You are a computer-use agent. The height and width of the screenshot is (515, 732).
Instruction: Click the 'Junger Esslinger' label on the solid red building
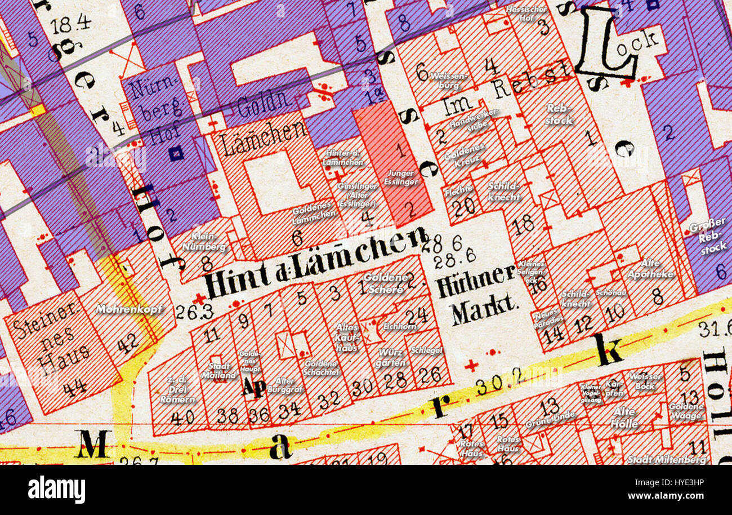[401, 177]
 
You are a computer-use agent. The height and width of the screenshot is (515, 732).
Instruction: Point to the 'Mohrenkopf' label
[129, 309]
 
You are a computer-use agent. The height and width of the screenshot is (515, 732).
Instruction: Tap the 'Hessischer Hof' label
[527, 13]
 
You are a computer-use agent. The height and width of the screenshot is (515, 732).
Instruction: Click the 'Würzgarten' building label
[391, 357]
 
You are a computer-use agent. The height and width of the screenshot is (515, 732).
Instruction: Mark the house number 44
[74, 388]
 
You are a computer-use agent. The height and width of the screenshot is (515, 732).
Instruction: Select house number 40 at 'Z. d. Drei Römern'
[182, 418]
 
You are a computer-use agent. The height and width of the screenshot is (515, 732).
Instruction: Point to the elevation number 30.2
[491, 387]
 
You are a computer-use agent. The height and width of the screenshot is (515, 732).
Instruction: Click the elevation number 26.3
[187, 312]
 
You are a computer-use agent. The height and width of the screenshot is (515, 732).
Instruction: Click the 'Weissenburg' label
[447, 79]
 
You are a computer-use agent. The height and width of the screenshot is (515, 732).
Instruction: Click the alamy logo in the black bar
[56, 489]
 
